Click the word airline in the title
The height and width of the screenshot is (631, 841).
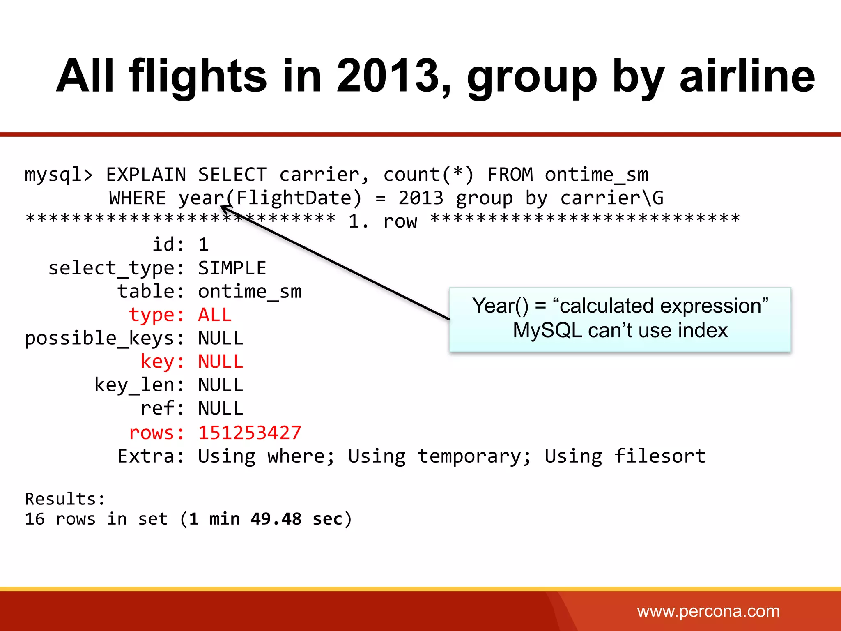(747, 76)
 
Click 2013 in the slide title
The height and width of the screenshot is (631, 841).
(388, 76)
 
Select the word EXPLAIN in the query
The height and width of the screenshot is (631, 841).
(146, 175)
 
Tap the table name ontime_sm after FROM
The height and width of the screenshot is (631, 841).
(596, 175)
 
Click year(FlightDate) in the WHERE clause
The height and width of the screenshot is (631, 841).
(270, 198)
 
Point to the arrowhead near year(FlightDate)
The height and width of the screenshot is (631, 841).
(224, 208)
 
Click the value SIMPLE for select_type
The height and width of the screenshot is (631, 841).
(232, 268)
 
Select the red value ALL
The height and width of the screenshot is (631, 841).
(215, 315)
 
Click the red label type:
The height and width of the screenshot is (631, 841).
(156, 315)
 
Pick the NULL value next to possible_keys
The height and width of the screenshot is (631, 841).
(221, 339)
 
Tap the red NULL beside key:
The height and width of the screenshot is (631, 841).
(221, 362)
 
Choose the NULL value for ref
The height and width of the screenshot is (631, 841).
(221, 409)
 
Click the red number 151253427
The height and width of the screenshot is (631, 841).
(249, 433)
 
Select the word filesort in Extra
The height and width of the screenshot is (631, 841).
(659, 456)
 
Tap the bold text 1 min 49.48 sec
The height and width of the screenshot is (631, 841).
(265, 519)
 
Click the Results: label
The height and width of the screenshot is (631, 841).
(65, 499)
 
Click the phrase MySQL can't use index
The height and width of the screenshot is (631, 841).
(620, 330)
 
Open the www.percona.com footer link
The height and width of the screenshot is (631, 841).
(708, 611)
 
